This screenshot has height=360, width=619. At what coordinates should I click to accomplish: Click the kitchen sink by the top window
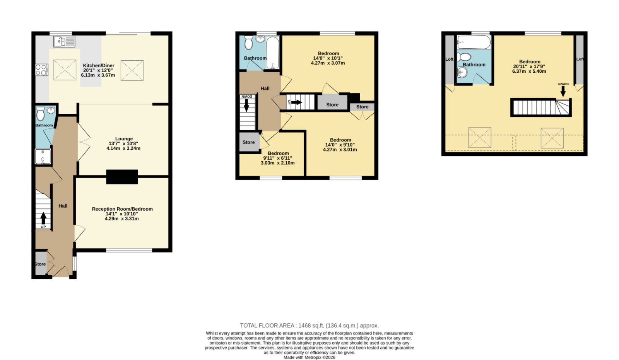pos(64,42)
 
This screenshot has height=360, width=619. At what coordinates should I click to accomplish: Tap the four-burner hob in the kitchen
pos(41,70)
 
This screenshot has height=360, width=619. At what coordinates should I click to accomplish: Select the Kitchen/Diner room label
pos(99,65)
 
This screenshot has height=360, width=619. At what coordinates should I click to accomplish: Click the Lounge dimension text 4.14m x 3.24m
pos(123,148)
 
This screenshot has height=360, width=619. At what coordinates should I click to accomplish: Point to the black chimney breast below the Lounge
pos(122,177)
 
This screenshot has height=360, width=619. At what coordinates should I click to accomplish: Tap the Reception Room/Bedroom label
pos(122,209)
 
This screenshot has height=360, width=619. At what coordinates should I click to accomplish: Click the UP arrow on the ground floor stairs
pos(43,218)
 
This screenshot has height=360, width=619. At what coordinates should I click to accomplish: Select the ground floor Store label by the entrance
pos(40,264)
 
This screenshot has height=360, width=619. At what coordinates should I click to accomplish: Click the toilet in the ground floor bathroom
pos(40,114)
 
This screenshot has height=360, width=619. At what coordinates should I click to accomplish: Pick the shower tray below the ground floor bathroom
pos(43,157)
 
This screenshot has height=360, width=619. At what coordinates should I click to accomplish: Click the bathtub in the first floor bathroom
pos(272,53)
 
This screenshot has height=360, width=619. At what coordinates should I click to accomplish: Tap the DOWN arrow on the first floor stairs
pos(246,105)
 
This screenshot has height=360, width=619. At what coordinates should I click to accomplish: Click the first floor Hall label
pos(265,89)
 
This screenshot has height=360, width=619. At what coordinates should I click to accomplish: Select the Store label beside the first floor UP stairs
pos(332,105)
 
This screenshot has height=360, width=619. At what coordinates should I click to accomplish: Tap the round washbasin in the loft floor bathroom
pos(462,72)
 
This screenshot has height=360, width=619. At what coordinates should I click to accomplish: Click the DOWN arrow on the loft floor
pos(563,91)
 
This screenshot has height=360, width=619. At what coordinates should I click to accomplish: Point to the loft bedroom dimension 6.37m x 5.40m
pos(529,71)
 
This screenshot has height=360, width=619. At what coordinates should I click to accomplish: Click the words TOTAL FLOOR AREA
pos(267,326)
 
